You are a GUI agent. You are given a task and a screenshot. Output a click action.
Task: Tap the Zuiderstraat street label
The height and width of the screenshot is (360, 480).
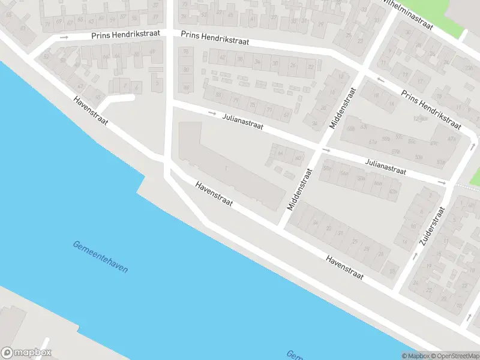click(x=431, y=229)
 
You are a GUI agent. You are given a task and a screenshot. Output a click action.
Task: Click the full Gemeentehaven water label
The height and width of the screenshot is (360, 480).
click(x=100, y=257)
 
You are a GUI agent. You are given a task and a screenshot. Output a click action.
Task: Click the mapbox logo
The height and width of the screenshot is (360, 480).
click(x=26, y=353)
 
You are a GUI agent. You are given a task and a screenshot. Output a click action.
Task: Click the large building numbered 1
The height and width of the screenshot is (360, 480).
click(x=226, y=169)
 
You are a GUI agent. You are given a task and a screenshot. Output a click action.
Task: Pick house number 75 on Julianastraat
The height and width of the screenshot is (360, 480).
click(x=252, y=105)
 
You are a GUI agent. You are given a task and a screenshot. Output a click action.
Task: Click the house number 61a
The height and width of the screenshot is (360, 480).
click(x=372, y=142)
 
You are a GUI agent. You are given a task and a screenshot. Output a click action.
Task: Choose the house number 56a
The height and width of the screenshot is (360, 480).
click(x=344, y=173)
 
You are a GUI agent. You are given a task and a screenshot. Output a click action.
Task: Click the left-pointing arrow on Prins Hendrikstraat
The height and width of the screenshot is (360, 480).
click(x=380, y=79)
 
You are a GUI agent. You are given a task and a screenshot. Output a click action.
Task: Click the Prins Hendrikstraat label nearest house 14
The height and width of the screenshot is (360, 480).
click(x=431, y=110)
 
